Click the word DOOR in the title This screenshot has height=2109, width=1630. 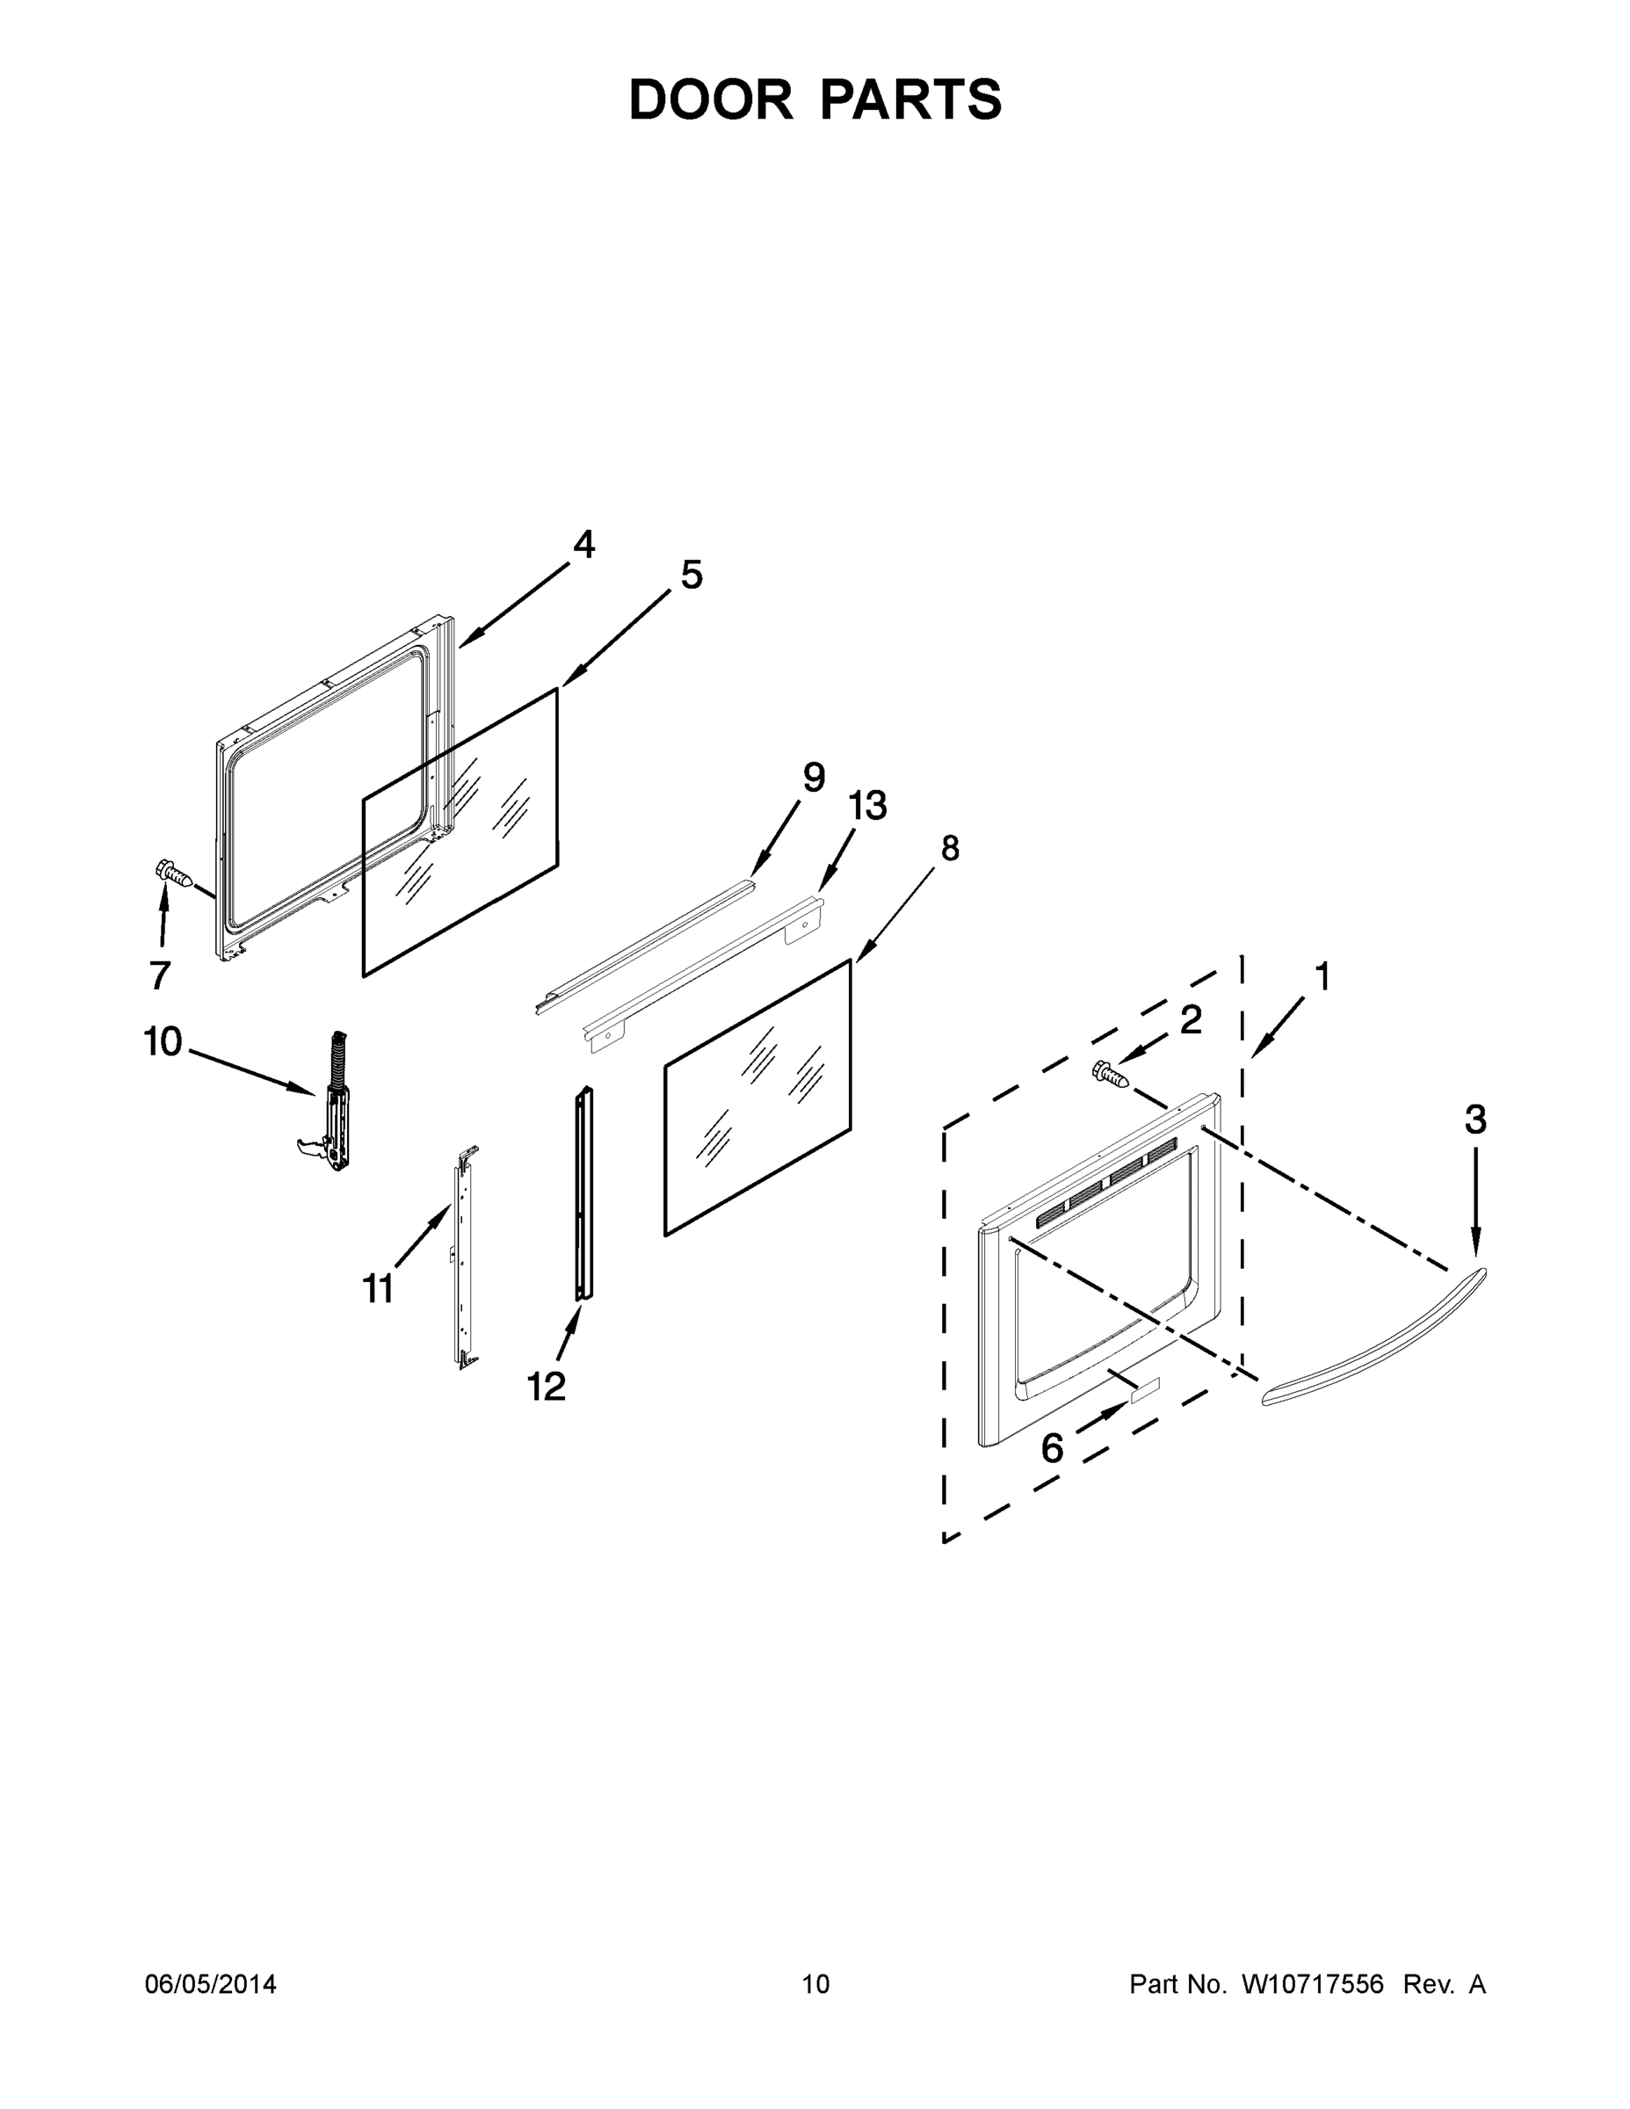click(x=711, y=99)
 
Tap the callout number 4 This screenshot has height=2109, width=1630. click(x=583, y=545)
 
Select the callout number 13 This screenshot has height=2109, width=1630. click(x=867, y=805)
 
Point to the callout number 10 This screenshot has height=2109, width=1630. click(x=163, y=1042)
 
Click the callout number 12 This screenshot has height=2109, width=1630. click(x=546, y=1387)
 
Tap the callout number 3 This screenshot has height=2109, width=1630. click(x=1475, y=1120)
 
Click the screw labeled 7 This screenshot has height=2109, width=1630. click(x=174, y=873)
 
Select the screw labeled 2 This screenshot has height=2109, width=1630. click(x=1111, y=1073)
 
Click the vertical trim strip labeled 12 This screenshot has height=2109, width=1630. click(x=584, y=1193)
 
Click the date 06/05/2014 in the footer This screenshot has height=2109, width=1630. click(x=211, y=1984)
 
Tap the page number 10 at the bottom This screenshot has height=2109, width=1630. click(x=815, y=1984)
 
